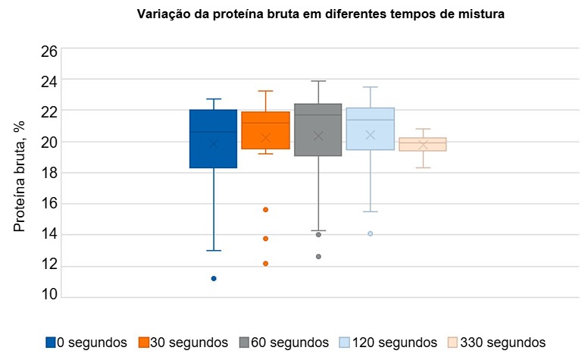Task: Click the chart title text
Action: click(320, 14)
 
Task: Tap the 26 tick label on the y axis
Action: click(48, 52)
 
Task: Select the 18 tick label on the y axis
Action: click(48, 173)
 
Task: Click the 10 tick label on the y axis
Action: click(48, 296)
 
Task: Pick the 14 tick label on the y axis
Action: click(48, 234)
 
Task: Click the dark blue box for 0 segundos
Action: click(213, 139)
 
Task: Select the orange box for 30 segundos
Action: click(265, 130)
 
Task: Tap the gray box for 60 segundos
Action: click(317, 130)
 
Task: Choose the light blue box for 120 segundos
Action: click(370, 129)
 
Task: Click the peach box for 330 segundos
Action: click(423, 144)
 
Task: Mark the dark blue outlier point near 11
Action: click(214, 278)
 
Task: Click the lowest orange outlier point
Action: click(266, 264)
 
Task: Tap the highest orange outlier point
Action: click(266, 209)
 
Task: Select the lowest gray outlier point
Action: click(318, 257)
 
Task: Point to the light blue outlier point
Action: click(371, 233)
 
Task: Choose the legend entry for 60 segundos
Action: click(283, 343)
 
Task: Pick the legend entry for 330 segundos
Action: click(496, 343)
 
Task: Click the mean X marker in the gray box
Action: click(318, 136)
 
